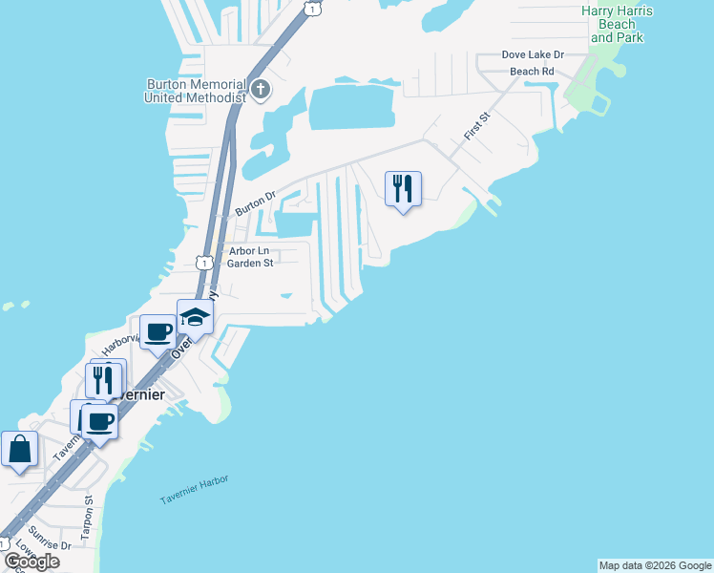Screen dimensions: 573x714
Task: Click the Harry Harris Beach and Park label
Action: (615, 24)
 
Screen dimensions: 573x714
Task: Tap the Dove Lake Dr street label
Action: (534, 55)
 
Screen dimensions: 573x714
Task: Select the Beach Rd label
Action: (532, 72)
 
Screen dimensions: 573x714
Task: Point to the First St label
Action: (476, 127)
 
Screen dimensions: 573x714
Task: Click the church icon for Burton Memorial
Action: (261, 91)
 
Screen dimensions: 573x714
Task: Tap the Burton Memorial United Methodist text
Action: (196, 91)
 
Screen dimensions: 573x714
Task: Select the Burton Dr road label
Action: (255, 204)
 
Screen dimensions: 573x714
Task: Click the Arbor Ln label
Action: (248, 251)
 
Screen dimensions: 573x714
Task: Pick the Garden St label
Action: (250, 264)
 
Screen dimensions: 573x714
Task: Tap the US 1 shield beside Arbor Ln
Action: (203, 262)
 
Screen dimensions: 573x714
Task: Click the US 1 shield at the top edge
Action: (311, 7)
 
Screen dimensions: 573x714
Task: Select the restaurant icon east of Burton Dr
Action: (403, 188)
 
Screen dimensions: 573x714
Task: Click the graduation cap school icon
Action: (195, 317)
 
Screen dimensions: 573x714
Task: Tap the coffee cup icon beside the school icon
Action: (157, 331)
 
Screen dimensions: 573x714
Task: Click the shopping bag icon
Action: (19, 449)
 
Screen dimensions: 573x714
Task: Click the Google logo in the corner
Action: (31, 562)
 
